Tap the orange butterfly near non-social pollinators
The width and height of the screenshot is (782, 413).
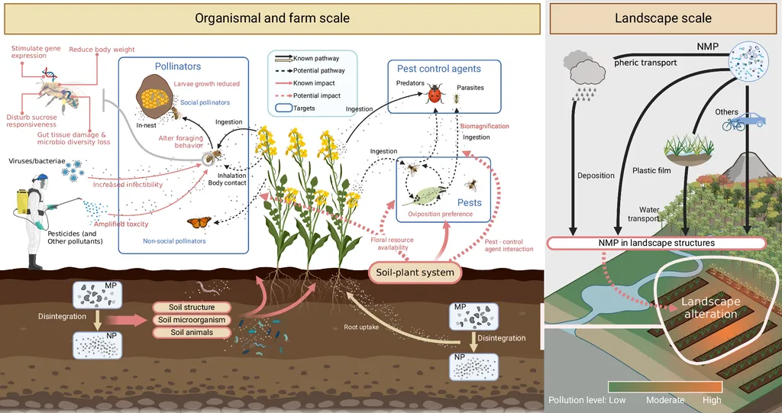click(199, 222)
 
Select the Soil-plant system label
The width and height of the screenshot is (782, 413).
click(415, 272)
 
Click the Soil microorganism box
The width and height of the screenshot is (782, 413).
click(192, 320)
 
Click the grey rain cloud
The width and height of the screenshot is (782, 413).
click(585, 70)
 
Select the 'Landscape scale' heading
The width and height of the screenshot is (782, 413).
click(663, 18)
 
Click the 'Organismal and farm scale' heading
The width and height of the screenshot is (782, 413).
click(272, 18)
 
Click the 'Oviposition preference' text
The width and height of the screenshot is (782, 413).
click(441, 215)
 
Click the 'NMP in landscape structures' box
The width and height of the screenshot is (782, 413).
click(656, 243)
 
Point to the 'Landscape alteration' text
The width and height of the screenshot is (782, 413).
click(711, 308)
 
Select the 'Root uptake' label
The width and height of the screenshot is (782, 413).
click(361, 327)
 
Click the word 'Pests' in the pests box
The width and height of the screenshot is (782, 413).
click(470, 202)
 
